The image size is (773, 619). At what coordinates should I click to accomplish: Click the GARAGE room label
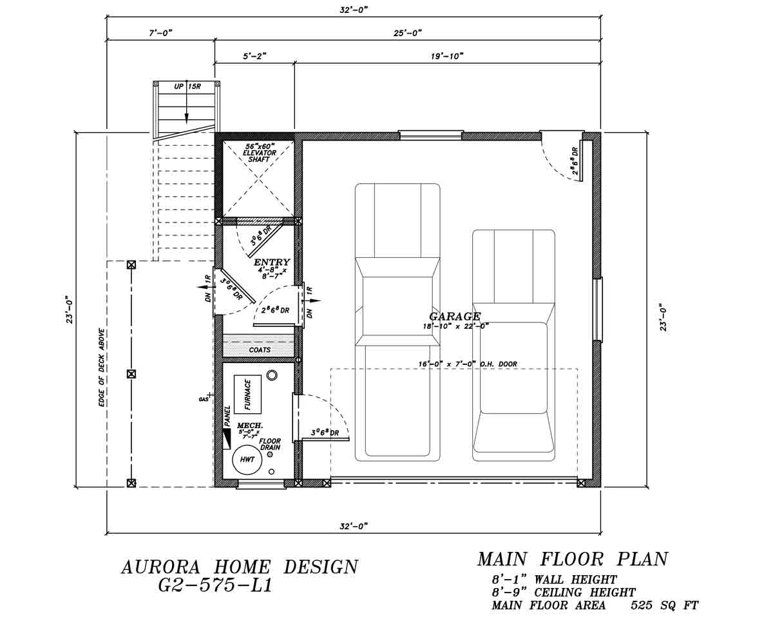tap(455, 317)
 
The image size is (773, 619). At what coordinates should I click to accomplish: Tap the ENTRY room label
tap(271, 262)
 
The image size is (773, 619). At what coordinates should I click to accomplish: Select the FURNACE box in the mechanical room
tap(247, 394)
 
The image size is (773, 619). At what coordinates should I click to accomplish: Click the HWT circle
tap(247, 459)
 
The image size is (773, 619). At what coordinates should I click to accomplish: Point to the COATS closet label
tap(260, 349)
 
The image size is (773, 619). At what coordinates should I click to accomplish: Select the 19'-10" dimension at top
tap(447, 56)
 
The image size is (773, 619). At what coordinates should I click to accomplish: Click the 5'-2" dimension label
tap(254, 56)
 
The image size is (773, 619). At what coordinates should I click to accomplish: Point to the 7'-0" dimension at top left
tap(160, 32)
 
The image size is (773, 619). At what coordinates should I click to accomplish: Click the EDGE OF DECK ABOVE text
tap(102, 368)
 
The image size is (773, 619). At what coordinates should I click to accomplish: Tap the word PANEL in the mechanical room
tap(227, 417)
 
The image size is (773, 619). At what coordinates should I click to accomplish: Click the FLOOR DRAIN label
tap(270, 444)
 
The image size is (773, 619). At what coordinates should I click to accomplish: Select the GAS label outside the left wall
tap(203, 400)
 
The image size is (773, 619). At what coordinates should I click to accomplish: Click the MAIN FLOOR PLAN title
tap(572, 558)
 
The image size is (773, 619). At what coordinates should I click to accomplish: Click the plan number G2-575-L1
tap(215, 586)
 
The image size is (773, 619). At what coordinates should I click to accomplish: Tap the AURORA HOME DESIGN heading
tap(239, 567)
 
